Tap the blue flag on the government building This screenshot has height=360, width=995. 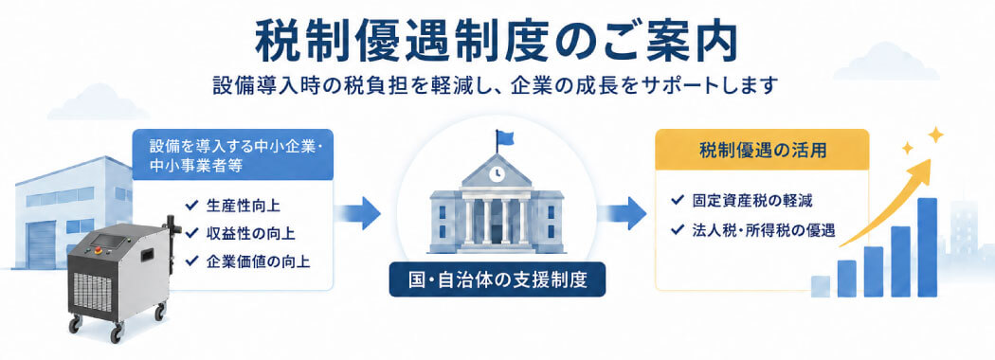click(505, 137)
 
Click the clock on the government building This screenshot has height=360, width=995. click(497, 172)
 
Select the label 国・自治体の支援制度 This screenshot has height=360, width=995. click(497, 280)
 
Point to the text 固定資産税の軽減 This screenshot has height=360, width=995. click(752, 201)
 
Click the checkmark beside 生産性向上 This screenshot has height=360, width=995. click(190, 206)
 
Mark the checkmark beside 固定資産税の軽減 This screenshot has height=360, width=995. click(678, 201)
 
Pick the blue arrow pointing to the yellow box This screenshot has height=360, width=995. click(624, 213)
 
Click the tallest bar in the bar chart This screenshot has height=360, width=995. click(927, 247)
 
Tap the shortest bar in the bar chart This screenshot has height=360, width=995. click(821, 286)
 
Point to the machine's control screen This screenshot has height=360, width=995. click(107, 242)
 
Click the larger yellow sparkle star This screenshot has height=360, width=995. click(934, 135)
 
